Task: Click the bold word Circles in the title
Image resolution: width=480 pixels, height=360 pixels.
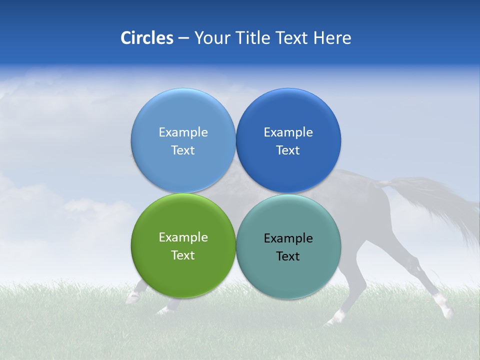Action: [146, 38]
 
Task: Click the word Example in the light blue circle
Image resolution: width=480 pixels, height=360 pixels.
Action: [183, 132]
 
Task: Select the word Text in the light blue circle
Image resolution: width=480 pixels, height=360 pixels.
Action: [183, 150]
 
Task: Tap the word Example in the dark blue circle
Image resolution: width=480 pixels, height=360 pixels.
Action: [288, 132]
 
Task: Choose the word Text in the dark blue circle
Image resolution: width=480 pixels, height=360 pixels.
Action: [288, 150]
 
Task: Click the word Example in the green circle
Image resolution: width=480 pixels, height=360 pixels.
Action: [183, 237]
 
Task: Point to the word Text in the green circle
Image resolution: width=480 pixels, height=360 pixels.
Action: [183, 255]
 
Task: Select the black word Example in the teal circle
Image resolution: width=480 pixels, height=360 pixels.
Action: [288, 238]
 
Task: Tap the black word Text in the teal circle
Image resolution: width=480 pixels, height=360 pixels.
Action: [288, 256]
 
